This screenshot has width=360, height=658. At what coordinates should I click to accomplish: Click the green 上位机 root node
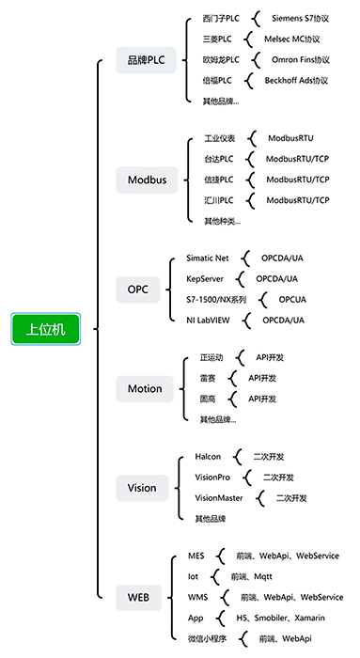tap(46, 328)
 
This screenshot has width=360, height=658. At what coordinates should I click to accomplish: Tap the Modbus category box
tap(147, 179)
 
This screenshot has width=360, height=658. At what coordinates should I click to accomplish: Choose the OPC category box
tap(138, 289)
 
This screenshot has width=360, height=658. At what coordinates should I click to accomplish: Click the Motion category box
tap(145, 388)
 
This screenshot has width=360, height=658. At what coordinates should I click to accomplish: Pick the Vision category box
tap(142, 488)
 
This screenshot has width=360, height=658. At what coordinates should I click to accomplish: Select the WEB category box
tap(138, 595)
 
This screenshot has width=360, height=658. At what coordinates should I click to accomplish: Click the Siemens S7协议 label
tap(301, 19)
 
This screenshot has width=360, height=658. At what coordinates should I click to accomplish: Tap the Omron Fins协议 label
tap(298, 60)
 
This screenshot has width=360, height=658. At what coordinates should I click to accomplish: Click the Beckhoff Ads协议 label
tap(297, 81)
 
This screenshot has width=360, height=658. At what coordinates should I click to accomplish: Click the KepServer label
tap(206, 279)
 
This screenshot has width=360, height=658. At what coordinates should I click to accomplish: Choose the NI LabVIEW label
tap(210, 321)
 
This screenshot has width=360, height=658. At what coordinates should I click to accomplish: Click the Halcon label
tap(208, 456)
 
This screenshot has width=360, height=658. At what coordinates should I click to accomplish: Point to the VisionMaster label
tap(220, 497)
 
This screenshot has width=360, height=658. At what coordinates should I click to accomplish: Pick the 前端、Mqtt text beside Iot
tap(251, 577)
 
